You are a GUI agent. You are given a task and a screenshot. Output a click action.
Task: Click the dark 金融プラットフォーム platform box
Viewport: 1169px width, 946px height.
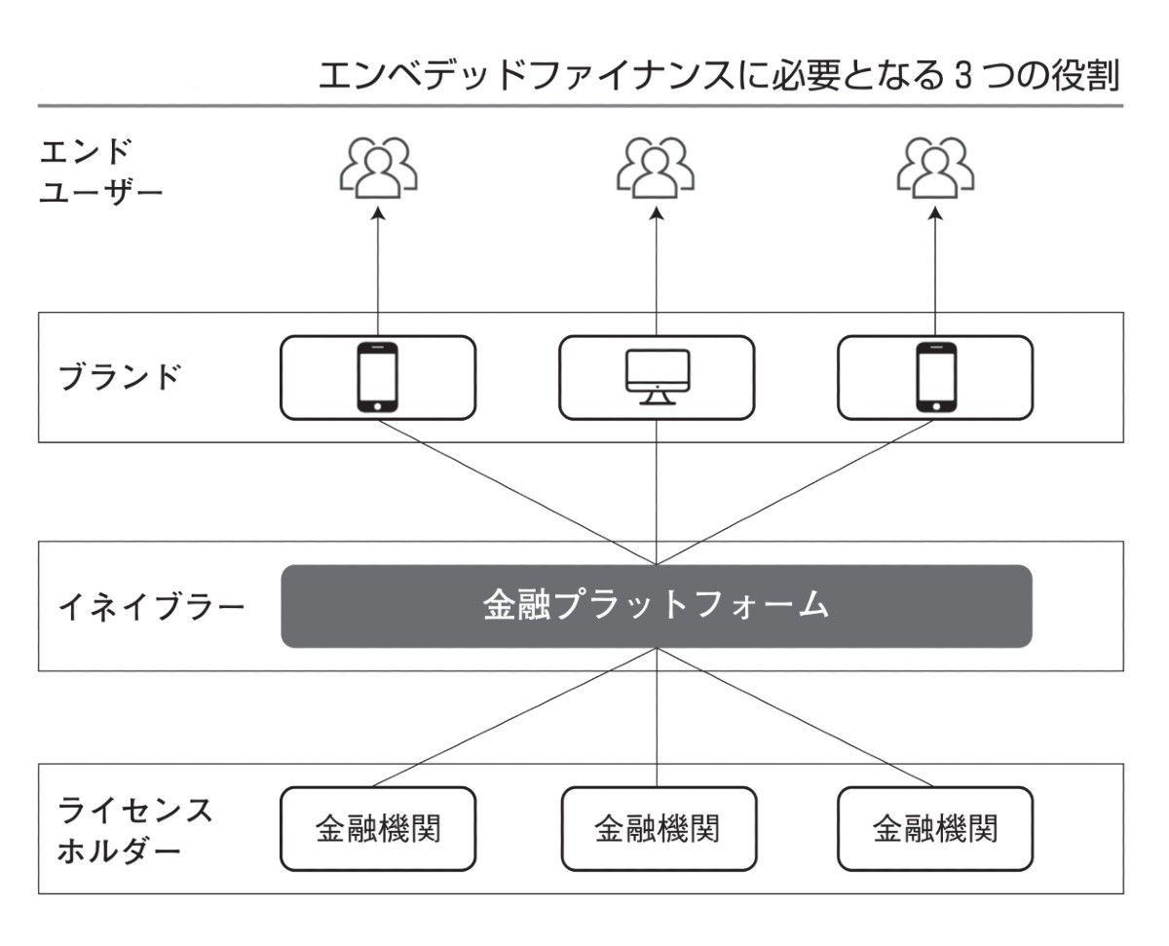(x=656, y=606)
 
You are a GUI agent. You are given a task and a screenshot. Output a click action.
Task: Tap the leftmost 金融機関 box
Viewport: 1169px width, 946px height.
(x=377, y=829)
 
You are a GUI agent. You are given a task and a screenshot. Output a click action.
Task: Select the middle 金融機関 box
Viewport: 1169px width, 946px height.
(x=658, y=829)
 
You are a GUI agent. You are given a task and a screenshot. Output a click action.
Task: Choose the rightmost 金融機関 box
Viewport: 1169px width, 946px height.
(x=935, y=829)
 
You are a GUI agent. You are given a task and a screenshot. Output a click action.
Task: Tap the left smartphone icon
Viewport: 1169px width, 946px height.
(x=377, y=377)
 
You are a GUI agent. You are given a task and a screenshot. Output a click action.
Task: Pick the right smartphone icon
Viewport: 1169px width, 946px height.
(x=935, y=377)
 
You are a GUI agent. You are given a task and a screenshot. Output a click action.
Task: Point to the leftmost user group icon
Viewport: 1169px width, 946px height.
(x=378, y=166)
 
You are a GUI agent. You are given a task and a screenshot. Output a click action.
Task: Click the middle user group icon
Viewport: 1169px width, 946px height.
(x=656, y=166)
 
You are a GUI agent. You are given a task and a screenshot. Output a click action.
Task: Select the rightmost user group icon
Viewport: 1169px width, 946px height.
(x=935, y=166)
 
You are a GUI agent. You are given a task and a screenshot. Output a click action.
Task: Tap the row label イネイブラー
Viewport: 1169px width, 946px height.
(x=151, y=607)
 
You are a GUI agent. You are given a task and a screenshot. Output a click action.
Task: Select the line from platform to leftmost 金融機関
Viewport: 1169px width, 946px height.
(x=516, y=717)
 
